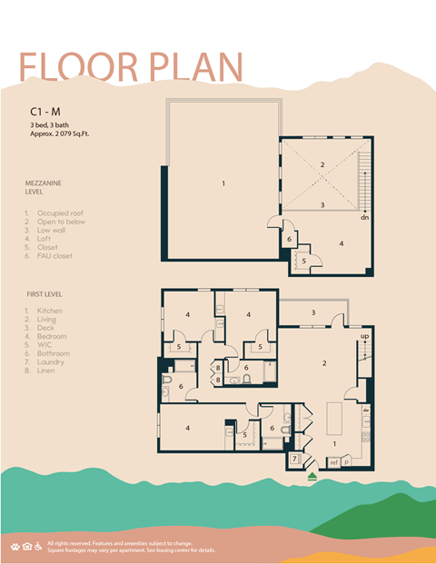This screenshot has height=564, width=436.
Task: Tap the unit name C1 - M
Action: click(45, 113)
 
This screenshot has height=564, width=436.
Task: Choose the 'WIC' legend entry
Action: click(45, 345)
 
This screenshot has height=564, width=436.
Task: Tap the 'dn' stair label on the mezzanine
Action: click(364, 218)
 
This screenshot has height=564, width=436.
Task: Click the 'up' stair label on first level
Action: click(366, 337)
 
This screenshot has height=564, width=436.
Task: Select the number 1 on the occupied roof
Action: click(223, 183)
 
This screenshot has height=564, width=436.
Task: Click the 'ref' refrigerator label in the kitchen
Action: click(333, 462)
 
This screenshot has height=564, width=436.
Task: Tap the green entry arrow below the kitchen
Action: click(312, 474)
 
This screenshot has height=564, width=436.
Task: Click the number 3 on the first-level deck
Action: click(313, 312)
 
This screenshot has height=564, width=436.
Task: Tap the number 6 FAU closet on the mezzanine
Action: click(289, 240)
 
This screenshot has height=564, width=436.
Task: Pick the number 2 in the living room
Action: click(322, 363)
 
